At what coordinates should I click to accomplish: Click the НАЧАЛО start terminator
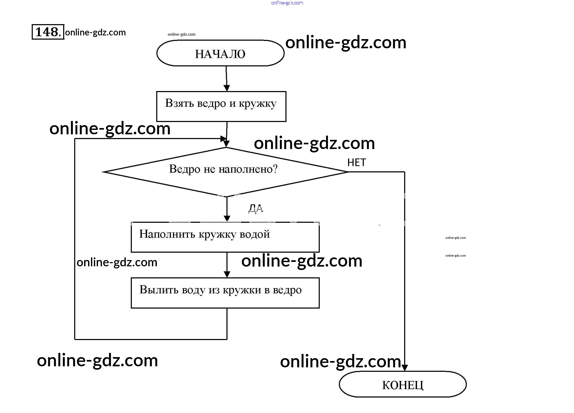tap(220, 53)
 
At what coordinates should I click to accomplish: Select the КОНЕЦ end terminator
tap(402, 385)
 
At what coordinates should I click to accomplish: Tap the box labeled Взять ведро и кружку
tap(221, 106)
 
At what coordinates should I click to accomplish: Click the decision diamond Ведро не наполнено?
tap(225, 172)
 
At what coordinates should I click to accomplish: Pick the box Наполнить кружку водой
tap(225, 237)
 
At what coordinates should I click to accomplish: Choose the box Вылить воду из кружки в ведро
tap(225, 293)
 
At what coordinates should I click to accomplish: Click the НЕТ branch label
tap(356, 163)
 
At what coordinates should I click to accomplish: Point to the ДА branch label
tap(256, 209)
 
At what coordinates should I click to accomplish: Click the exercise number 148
tap(48, 32)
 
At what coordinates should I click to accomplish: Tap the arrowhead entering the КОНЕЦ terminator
tap(404, 368)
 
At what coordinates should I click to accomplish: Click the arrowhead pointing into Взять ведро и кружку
tap(227, 88)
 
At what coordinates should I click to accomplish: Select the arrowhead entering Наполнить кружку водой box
tap(227, 218)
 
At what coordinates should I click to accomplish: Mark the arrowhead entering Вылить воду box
tap(227, 274)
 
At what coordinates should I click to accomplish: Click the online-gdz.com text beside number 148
tap(95, 33)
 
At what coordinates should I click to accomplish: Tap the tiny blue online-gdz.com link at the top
tap(287, 3)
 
